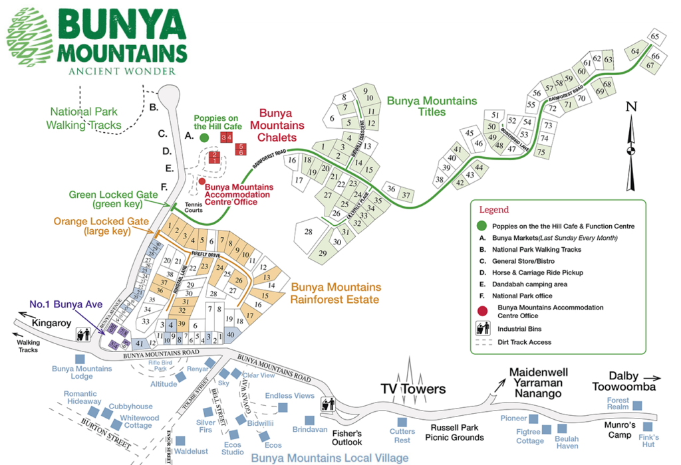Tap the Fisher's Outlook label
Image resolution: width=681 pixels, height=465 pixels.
(x=346, y=437)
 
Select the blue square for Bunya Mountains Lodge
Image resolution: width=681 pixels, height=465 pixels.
(x=80, y=359)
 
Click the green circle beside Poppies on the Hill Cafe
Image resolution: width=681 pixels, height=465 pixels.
(x=204, y=138)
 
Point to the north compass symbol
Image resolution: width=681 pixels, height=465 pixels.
(x=630, y=146)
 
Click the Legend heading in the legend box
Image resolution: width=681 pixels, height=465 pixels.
(x=493, y=210)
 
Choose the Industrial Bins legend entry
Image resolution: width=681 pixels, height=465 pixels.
(x=515, y=329)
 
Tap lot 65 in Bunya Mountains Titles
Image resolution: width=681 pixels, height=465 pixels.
(x=654, y=37)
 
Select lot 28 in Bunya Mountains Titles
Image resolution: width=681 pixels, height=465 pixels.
(x=309, y=232)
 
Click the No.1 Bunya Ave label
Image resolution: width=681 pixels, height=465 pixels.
(x=65, y=305)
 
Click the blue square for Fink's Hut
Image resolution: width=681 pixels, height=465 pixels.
(x=648, y=426)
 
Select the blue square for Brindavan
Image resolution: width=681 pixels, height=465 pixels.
(x=309, y=420)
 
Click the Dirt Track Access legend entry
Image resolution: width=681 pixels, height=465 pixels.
(x=519, y=343)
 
